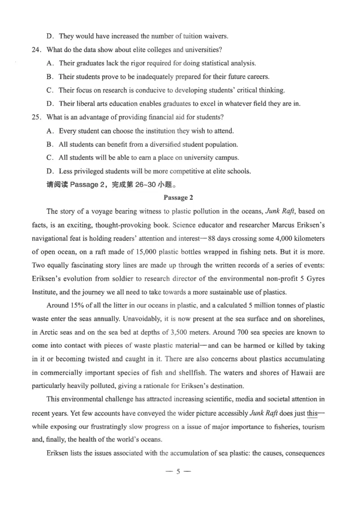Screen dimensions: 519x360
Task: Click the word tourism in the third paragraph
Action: [312, 427]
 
